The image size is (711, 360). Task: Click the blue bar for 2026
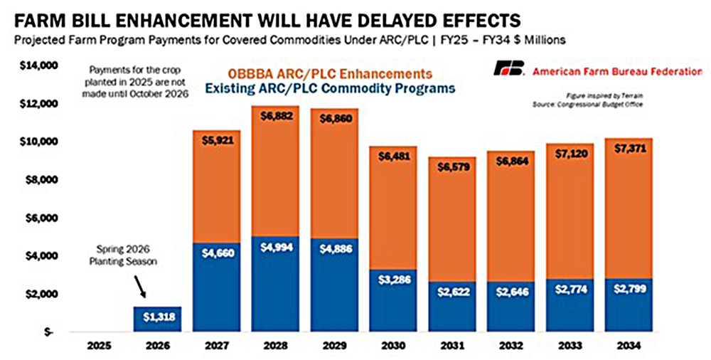157,319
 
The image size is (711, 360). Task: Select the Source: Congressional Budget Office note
607,104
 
